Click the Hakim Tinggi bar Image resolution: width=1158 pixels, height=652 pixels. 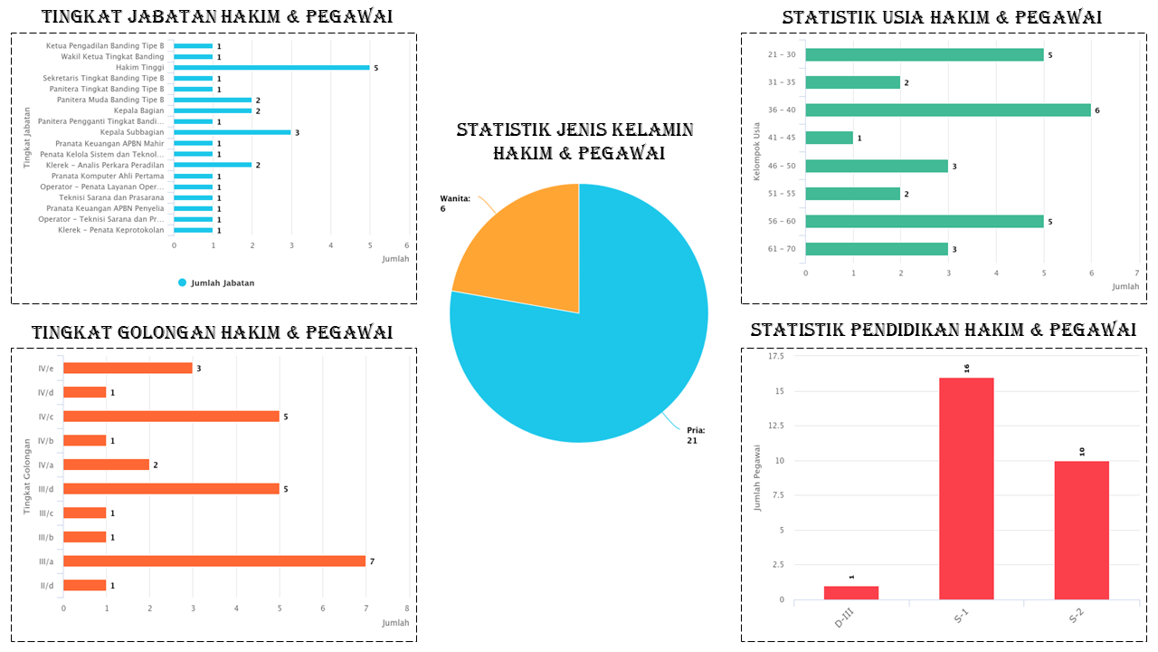(x=271, y=68)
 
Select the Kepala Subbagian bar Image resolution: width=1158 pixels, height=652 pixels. (x=233, y=132)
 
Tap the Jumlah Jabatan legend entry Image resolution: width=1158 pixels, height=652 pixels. (x=216, y=283)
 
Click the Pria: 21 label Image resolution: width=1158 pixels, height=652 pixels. (x=696, y=436)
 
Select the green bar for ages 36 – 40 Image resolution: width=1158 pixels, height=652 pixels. (x=948, y=110)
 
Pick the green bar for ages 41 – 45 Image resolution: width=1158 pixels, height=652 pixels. (x=830, y=138)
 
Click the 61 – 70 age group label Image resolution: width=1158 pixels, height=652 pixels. (x=782, y=249)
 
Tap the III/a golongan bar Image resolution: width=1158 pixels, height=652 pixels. (x=214, y=561)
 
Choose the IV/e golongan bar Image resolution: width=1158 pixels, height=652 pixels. (x=128, y=368)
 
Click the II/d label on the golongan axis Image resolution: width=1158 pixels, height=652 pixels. (x=45, y=586)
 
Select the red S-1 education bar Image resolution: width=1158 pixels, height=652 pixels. (x=966, y=488)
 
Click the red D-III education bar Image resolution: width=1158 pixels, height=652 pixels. (x=851, y=592)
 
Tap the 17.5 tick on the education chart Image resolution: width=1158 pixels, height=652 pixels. (x=775, y=357)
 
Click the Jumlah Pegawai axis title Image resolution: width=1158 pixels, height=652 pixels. (x=757, y=477)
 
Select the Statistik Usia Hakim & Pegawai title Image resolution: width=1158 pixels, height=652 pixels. (x=942, y=17)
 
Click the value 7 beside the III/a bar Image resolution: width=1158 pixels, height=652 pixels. (x=372, y=561)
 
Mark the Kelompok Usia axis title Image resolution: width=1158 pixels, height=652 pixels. (x=757, y=150)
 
